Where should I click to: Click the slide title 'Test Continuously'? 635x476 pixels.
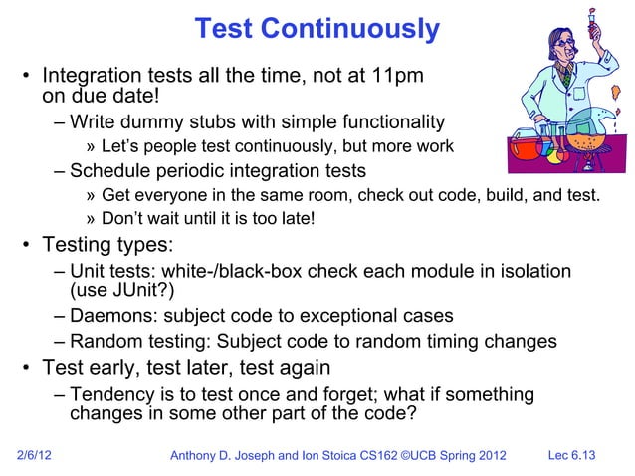(317, 29)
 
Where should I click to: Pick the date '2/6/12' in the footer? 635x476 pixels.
(38, 456)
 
